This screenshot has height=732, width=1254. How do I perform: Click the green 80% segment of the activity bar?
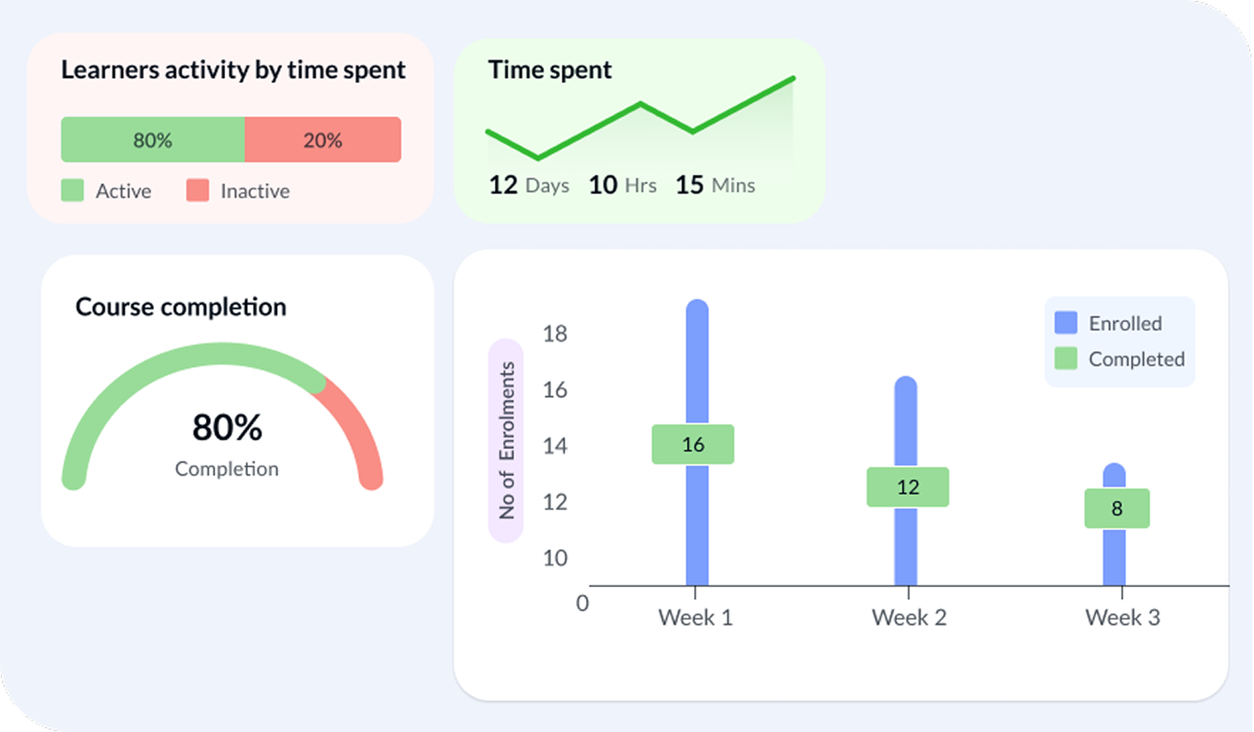coord(152,140)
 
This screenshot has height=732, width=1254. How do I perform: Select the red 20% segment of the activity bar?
coord(322,140)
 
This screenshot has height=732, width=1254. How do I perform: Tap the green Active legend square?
coord(73,190)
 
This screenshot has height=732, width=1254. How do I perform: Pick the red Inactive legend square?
coord(198,190)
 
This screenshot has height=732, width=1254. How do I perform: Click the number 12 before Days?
coord(503,184)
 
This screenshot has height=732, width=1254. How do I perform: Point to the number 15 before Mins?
coord(689,184)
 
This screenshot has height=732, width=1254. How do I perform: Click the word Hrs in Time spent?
coord(640,185)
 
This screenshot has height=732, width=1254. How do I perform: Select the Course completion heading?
coord(181,307)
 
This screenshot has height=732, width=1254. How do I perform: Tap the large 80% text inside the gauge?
coord(227,427)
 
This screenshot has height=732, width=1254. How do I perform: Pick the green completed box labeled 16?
coord(693,444)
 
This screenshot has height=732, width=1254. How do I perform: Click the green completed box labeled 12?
coord(907,487)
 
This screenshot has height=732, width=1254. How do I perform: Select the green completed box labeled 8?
coord(1117,508)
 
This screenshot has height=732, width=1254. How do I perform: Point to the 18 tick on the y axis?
coord(554,333)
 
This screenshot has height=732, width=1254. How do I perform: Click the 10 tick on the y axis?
coord(554,558)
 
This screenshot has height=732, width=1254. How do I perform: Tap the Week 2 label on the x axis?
coord(908,617)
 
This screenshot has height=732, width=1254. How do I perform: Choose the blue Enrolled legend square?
coord(1066,322)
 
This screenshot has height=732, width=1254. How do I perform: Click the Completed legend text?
coord(1136,358)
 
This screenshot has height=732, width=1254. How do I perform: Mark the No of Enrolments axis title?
coord(506,441)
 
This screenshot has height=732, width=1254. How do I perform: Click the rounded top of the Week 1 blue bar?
coord(697,308)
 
